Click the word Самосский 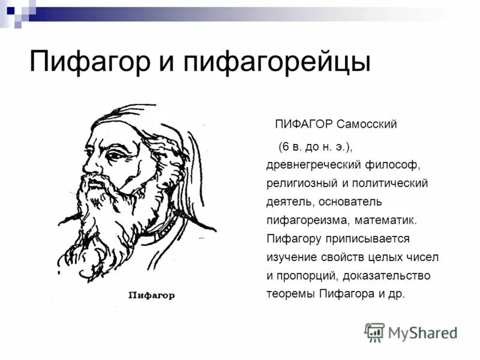367,125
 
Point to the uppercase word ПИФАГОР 304,125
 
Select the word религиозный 301,183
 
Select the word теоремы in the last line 291,295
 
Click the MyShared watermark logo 411,332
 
